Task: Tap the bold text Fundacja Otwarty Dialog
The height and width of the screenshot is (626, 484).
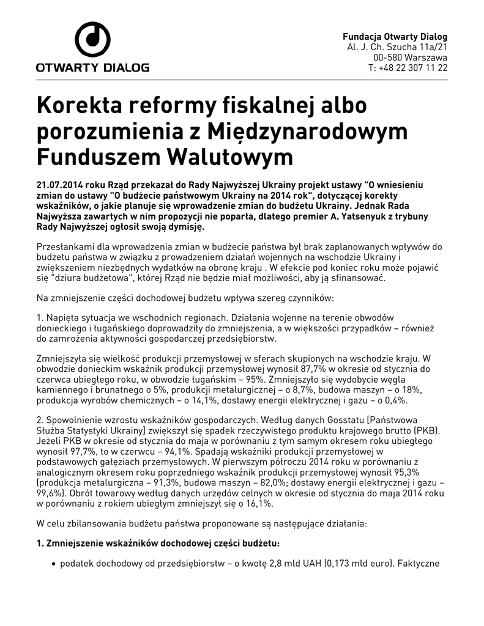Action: (x=395, y=36)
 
